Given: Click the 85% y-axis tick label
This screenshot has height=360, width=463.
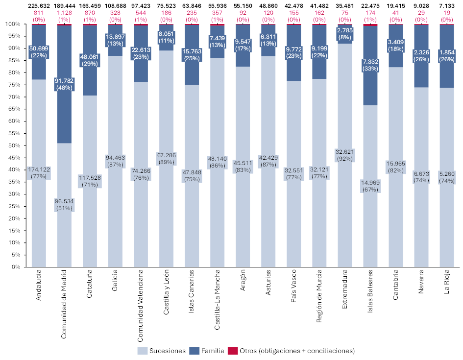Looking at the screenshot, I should pyautogui.click(x=13, y=60).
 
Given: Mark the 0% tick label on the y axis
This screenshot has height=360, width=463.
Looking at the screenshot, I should pyautogui.click(x=15, y=267).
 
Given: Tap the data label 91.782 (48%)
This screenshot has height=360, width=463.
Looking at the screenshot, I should pyautogui.click(x=65, y=84).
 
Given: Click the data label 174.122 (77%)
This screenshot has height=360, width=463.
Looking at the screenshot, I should pyautogui.click(x=39, y=173).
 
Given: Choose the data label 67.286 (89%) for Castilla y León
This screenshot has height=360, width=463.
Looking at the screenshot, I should pyautogui.click(x=167, y=159).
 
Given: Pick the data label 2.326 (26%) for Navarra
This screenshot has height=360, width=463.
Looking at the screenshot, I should pyautogui.click(x=421, y=55).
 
